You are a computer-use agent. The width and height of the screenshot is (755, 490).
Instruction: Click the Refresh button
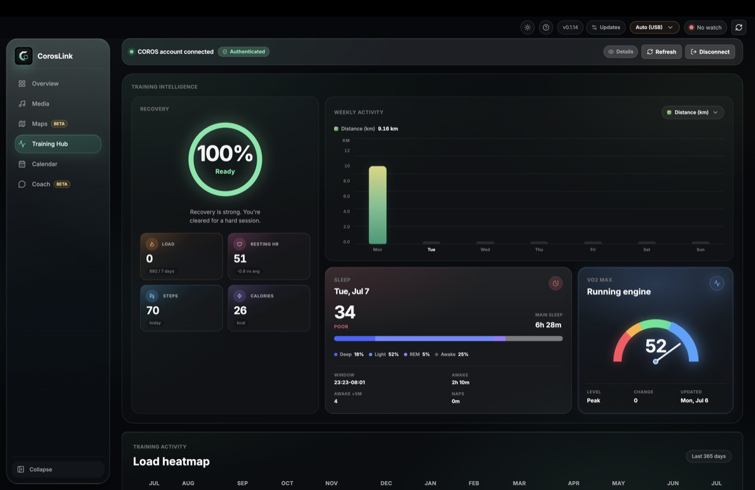coord(661,52)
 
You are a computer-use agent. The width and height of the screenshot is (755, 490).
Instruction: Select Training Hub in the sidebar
coord(58,144)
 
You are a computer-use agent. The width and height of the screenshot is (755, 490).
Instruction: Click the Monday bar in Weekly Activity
coord(377,205)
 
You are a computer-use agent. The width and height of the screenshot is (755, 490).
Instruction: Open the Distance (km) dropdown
coord(693,113)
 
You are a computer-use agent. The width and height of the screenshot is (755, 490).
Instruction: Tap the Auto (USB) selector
coord(654,27)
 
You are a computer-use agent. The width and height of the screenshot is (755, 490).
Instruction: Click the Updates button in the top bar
coord(606,27)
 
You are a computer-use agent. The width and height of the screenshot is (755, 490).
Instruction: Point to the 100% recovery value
coord(225,153)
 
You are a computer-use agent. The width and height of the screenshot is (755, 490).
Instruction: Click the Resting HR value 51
coord(240,259)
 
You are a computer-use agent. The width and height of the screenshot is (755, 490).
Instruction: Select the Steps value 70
coord(153,310)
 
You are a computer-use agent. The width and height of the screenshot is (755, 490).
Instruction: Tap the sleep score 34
coord(345,312)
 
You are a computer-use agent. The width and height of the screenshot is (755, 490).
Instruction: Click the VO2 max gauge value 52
coord(656,346)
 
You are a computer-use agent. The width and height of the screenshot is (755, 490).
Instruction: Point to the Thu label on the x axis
coord(539,250)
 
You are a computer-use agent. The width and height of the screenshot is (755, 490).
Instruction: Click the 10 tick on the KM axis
coord(347,166)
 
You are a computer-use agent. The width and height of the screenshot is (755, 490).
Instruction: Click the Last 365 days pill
coord(708,456)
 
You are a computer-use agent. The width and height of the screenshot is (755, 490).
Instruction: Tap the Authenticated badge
coord(243,52)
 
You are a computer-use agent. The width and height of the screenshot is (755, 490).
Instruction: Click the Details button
coord(620,52)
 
